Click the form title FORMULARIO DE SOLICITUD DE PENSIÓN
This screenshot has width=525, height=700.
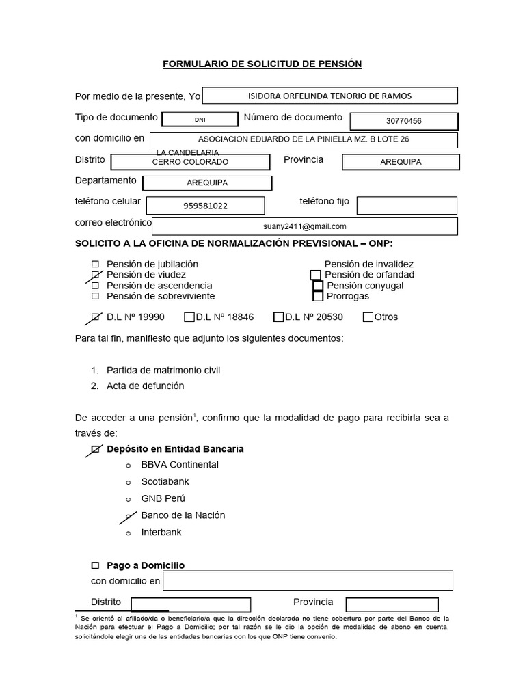[262, 64]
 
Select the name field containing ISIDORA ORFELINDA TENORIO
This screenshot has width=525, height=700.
[330, 96]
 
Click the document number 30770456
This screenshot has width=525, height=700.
[403, 121]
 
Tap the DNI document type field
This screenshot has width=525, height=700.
[200, 119]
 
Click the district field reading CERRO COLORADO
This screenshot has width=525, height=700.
[190, 162]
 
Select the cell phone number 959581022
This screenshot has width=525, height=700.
[205, 206]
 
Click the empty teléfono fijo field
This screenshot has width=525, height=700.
[407, 205]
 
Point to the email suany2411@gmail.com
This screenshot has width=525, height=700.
[304, 226]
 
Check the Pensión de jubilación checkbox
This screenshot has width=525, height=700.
[95, 264]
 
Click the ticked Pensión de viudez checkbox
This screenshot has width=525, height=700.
[95, 275]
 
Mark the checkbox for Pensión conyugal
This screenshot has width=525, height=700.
[318, 286]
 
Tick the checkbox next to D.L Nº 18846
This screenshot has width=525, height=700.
[189, 317]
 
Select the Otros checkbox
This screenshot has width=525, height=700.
[368, 317]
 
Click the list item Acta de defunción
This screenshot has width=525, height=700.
[145, 386]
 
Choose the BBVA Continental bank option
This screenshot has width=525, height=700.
[180, 465]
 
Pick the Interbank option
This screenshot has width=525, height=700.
[161, 533]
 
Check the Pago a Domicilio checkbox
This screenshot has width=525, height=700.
[95, 566]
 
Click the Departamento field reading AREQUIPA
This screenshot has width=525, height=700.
[207, 183]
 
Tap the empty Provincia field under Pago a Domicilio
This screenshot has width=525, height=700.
[392, 604]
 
